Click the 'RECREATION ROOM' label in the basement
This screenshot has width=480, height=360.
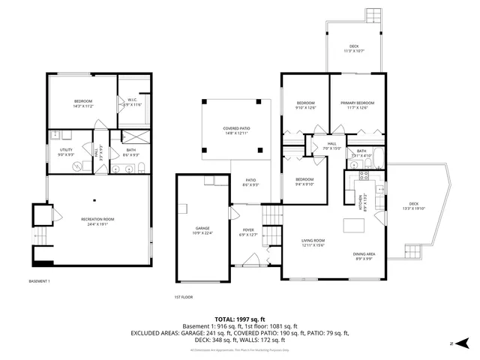point(97,219)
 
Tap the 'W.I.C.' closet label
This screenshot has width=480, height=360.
point(131,100)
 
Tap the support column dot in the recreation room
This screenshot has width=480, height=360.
point(96,200)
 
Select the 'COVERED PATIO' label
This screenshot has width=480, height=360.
point(236,128)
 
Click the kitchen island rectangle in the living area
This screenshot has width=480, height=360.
point(352,224)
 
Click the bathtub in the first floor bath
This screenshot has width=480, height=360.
point(379,159)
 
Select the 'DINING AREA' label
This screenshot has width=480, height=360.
point(364,255)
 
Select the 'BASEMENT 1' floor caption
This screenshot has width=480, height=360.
point(39,281)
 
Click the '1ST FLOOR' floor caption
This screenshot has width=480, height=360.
point(183,296)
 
